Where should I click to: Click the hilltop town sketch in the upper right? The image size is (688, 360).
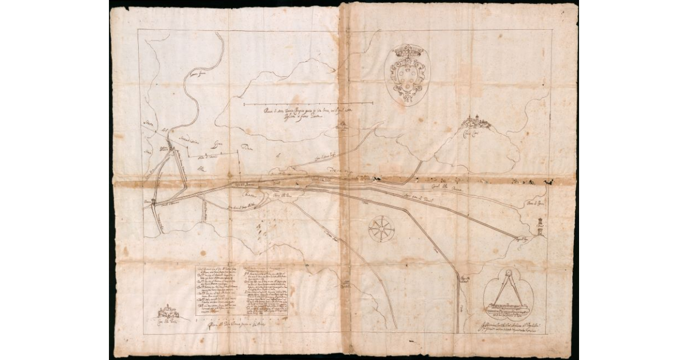477,121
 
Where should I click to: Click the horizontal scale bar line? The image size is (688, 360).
310,104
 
